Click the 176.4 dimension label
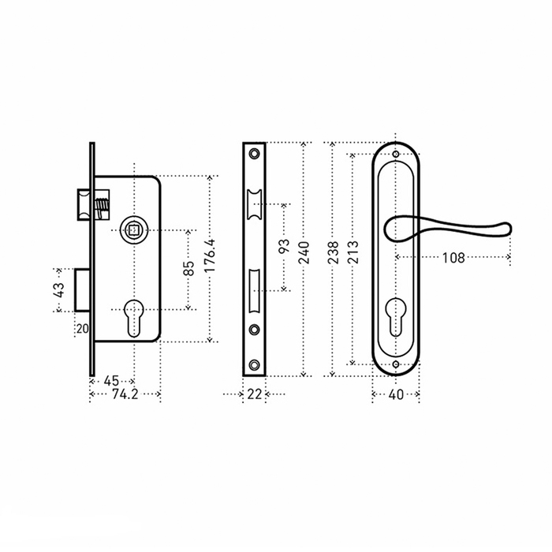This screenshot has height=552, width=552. [210, 255]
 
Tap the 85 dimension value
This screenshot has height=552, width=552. [188, 268]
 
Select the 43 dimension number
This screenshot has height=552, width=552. [59, 290]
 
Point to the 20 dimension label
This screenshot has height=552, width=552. [83, 329]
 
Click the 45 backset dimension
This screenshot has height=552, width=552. [112, 381]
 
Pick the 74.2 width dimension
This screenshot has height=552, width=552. [125, 394]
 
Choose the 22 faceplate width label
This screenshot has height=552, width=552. [254, 394]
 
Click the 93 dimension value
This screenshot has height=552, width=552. [284, 246]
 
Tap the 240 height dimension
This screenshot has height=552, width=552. [304, 252]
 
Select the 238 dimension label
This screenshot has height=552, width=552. [333, 252]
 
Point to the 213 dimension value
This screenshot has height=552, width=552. [352, 252]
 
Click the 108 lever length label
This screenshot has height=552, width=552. [453, 258]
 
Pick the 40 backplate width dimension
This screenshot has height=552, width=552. [396, 394]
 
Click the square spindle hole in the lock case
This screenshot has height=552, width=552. [134, 230]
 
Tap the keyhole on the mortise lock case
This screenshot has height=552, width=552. [134, 318]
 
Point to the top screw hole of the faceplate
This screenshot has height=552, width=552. [254, 154]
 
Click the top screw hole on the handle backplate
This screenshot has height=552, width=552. [396, 155]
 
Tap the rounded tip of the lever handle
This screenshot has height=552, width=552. [508, 229]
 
